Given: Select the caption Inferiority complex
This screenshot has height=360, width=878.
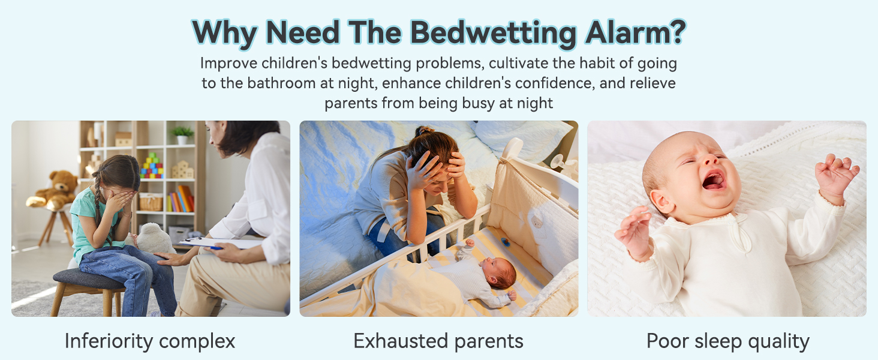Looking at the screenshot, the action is pyautogui.click(x=150, y=341).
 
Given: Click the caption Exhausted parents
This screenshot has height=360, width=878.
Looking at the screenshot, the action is pyautogui.click(x=438, y=341).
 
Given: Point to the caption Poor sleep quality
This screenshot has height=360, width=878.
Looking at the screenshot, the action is pyautogui.click(x=728, y=341).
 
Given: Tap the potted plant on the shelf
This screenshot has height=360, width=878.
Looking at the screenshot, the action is pyautogui.click(x=182, y=135).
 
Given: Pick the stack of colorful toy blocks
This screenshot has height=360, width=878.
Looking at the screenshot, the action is pyautogui.click(x=152, y=166).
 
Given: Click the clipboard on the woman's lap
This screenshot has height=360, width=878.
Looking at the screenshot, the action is pyautogui.click(x=220, y=243).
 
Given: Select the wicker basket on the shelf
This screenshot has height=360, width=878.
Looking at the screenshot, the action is pyautogui.click(x=151, y=202).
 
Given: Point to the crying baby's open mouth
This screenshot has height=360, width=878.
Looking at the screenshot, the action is pyautogui.click(x=714, y=181).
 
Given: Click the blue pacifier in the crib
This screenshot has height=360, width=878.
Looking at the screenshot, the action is pyautogui.click(x=505, y=242).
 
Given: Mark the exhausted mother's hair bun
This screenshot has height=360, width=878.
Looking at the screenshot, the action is pyautogui.click(x=425, y=131).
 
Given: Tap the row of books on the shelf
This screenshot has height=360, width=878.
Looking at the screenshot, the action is pyautogui.click(x=181, y=199).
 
